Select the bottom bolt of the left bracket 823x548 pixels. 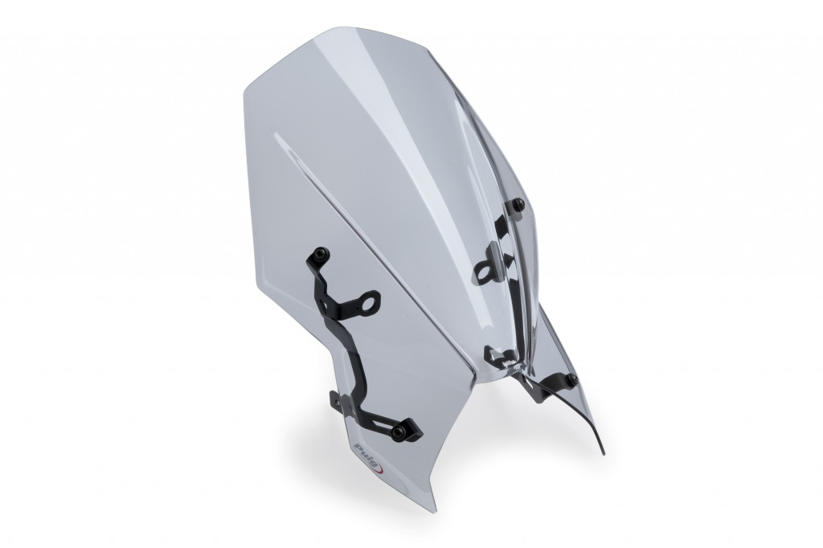coord(401,431)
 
